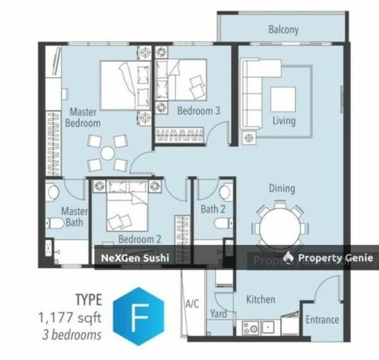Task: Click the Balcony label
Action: pos(283,30)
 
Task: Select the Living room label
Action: pos(283,121)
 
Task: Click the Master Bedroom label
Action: pos(84,118)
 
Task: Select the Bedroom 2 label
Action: pos(140,239)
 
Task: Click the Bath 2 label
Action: pos(212,210)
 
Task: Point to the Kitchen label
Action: pos(261,300)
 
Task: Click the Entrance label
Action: pos(322,320)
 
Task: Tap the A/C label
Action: pos(192,302)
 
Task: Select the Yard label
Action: pos(218,313)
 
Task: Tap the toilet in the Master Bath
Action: pos(53,194)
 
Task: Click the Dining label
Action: pos(281,188)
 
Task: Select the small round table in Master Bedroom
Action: pos(108,153)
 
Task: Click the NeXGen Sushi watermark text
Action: pos(134,258)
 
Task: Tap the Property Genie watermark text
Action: pos(332,258)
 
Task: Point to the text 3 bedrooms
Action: pos(70,334)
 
